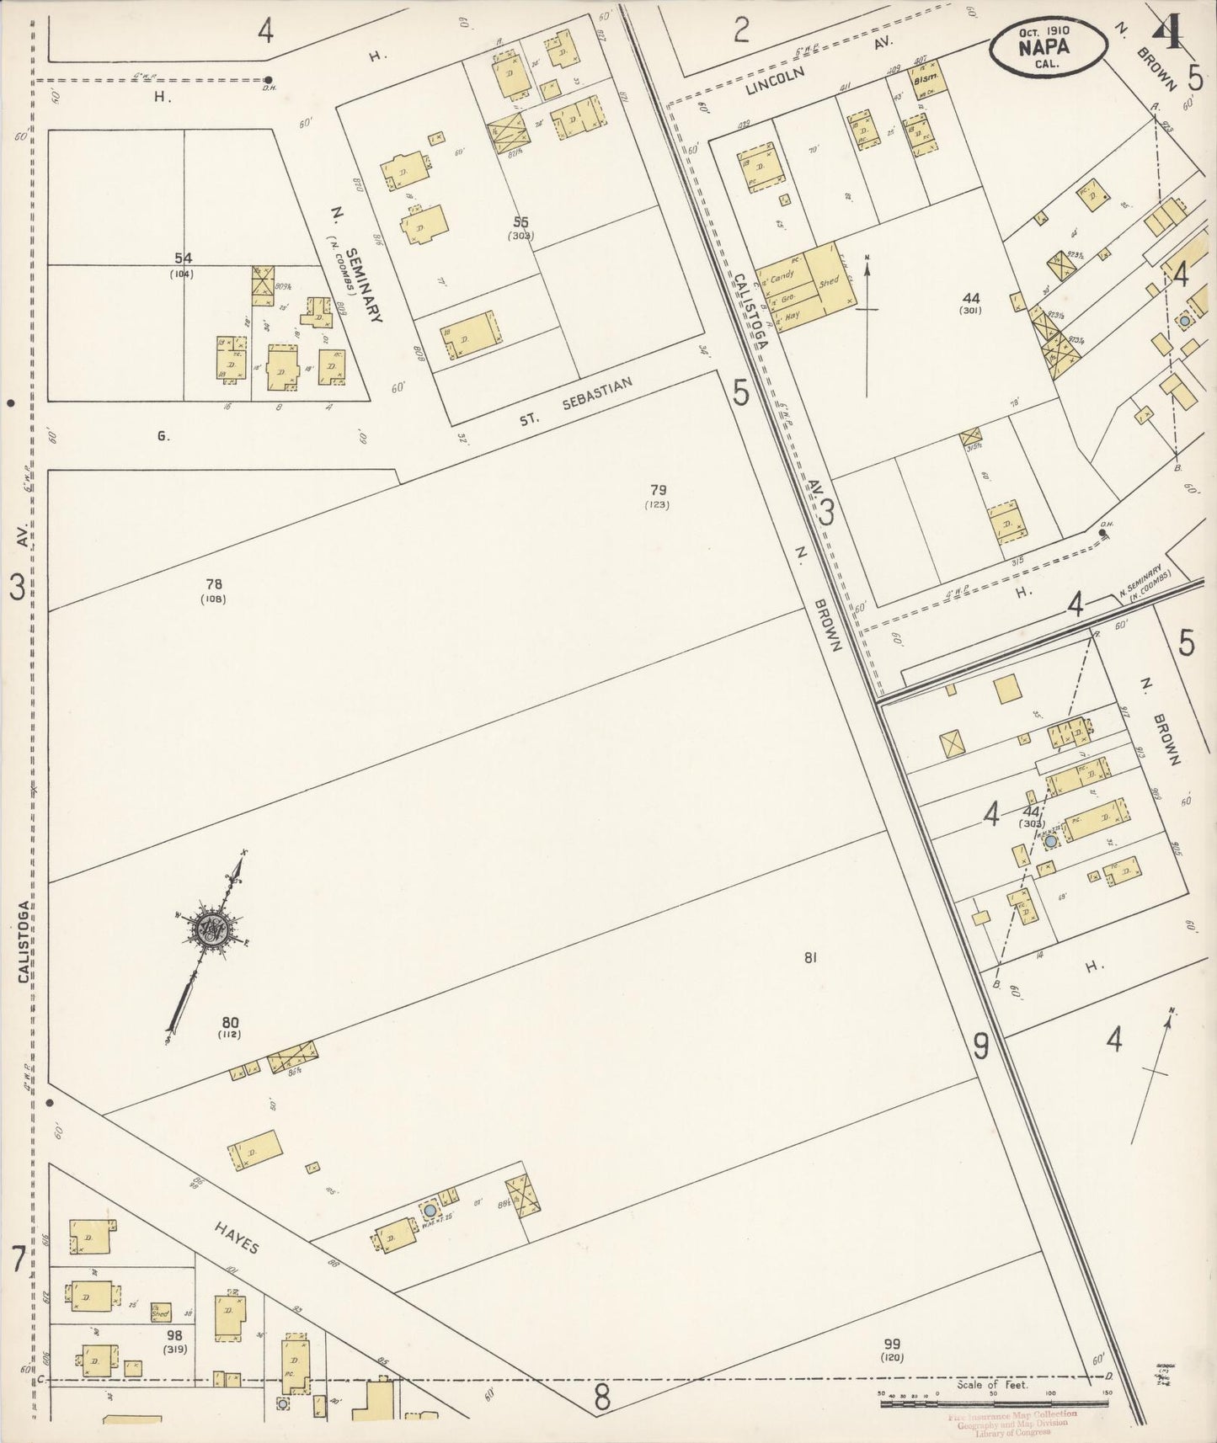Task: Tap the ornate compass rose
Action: pos(210,928)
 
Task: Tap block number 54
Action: pos(181,258)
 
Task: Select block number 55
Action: pos(521,221)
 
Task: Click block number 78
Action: pos(213,583)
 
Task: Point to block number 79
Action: pos(658,488)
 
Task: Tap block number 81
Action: pos(811,956)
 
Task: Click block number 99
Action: pos(892,1344)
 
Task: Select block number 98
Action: pos(174,1335)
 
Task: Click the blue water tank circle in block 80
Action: pos(430,1210)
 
